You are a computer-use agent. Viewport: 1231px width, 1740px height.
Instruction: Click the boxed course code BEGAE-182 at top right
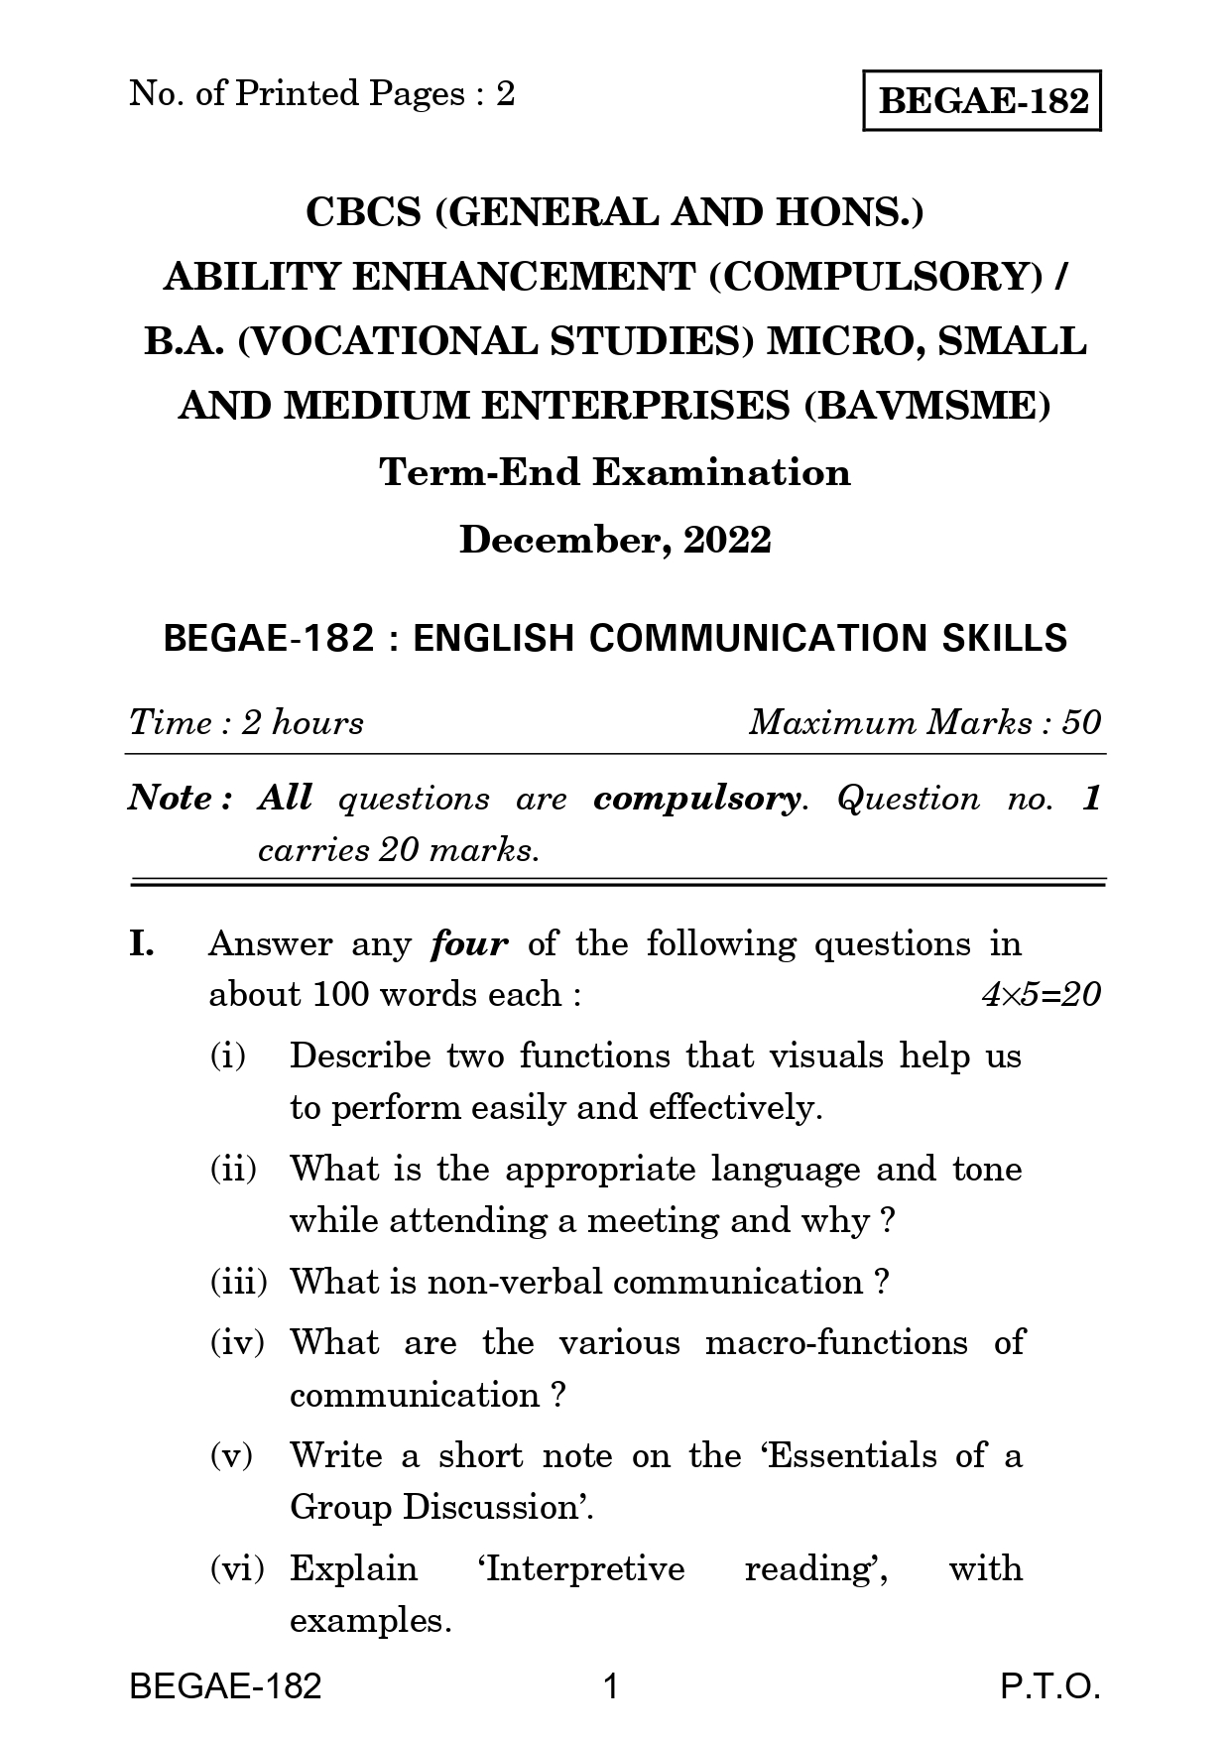click(983, 100)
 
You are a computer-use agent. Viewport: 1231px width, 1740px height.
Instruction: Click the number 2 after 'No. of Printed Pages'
click(505, 94)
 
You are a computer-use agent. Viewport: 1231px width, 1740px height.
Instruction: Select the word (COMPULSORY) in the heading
click(875, 277)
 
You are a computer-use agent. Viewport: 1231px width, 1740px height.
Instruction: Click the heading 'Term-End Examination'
click(615, 472)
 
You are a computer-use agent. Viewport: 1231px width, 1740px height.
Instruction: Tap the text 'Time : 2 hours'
click(246, 722)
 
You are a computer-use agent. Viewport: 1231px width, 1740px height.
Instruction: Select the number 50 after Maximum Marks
click(1080, 722)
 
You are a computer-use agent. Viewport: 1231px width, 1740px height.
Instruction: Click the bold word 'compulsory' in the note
click(695, 799)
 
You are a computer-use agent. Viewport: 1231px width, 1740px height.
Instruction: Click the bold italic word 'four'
click(469, 943)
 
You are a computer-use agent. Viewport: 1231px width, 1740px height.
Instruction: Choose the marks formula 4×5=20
click(1041, 995)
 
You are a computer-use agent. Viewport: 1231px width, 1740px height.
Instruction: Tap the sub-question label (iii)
click(238, 1283)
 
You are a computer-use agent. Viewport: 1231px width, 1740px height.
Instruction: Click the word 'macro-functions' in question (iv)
click(835, 1343)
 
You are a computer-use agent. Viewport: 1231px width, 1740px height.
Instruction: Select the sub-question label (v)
click(231, 1456)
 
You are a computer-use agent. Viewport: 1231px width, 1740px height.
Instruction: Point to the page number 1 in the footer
click(611, 1686)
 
